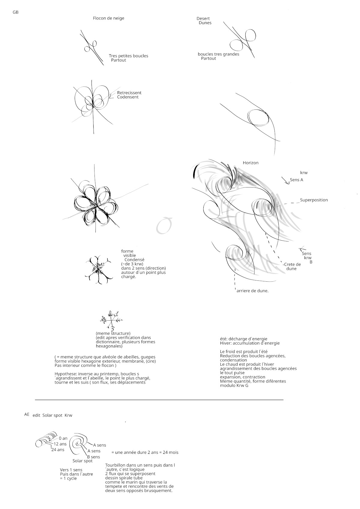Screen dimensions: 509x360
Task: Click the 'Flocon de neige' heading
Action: [x=108, y=18]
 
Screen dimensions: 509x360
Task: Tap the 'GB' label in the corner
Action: [x=16, y=12]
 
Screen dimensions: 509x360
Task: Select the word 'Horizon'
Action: [x=250, y=163]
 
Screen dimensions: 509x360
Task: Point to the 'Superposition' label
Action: [x=314, y=200]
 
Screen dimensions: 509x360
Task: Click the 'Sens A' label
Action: [x=296, y=180]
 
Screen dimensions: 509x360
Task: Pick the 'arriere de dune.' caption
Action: [x=252, y=291]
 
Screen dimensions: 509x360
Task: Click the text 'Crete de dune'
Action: [x=292, y=266]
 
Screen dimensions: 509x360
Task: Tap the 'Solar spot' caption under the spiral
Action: [x=82, y=461]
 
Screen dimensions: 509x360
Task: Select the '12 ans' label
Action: [x=60, y=444]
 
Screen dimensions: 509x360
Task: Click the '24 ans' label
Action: [x=58, y=450]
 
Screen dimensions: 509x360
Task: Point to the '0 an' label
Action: [x=63, y=438]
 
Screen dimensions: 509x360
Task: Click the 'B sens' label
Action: [x=93, y=457]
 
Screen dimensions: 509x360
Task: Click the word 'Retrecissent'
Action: [x=129, y=93]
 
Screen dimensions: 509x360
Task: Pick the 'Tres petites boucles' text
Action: [x=128, y=56]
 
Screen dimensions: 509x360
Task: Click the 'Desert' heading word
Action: [x=203, y=19]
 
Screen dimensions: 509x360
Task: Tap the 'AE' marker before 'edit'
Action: [x=27, y=414]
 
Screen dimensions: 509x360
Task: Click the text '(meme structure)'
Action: [x=113, y=333]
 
